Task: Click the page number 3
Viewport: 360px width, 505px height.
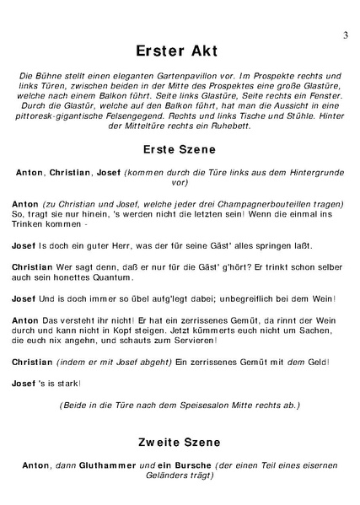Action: pyautogui.click(x=346, y=35)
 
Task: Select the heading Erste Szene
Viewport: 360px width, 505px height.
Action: pyautogui.click(x=179, y=150)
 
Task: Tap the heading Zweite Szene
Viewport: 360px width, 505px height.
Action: pyautogui.click(x=179, y=442)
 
